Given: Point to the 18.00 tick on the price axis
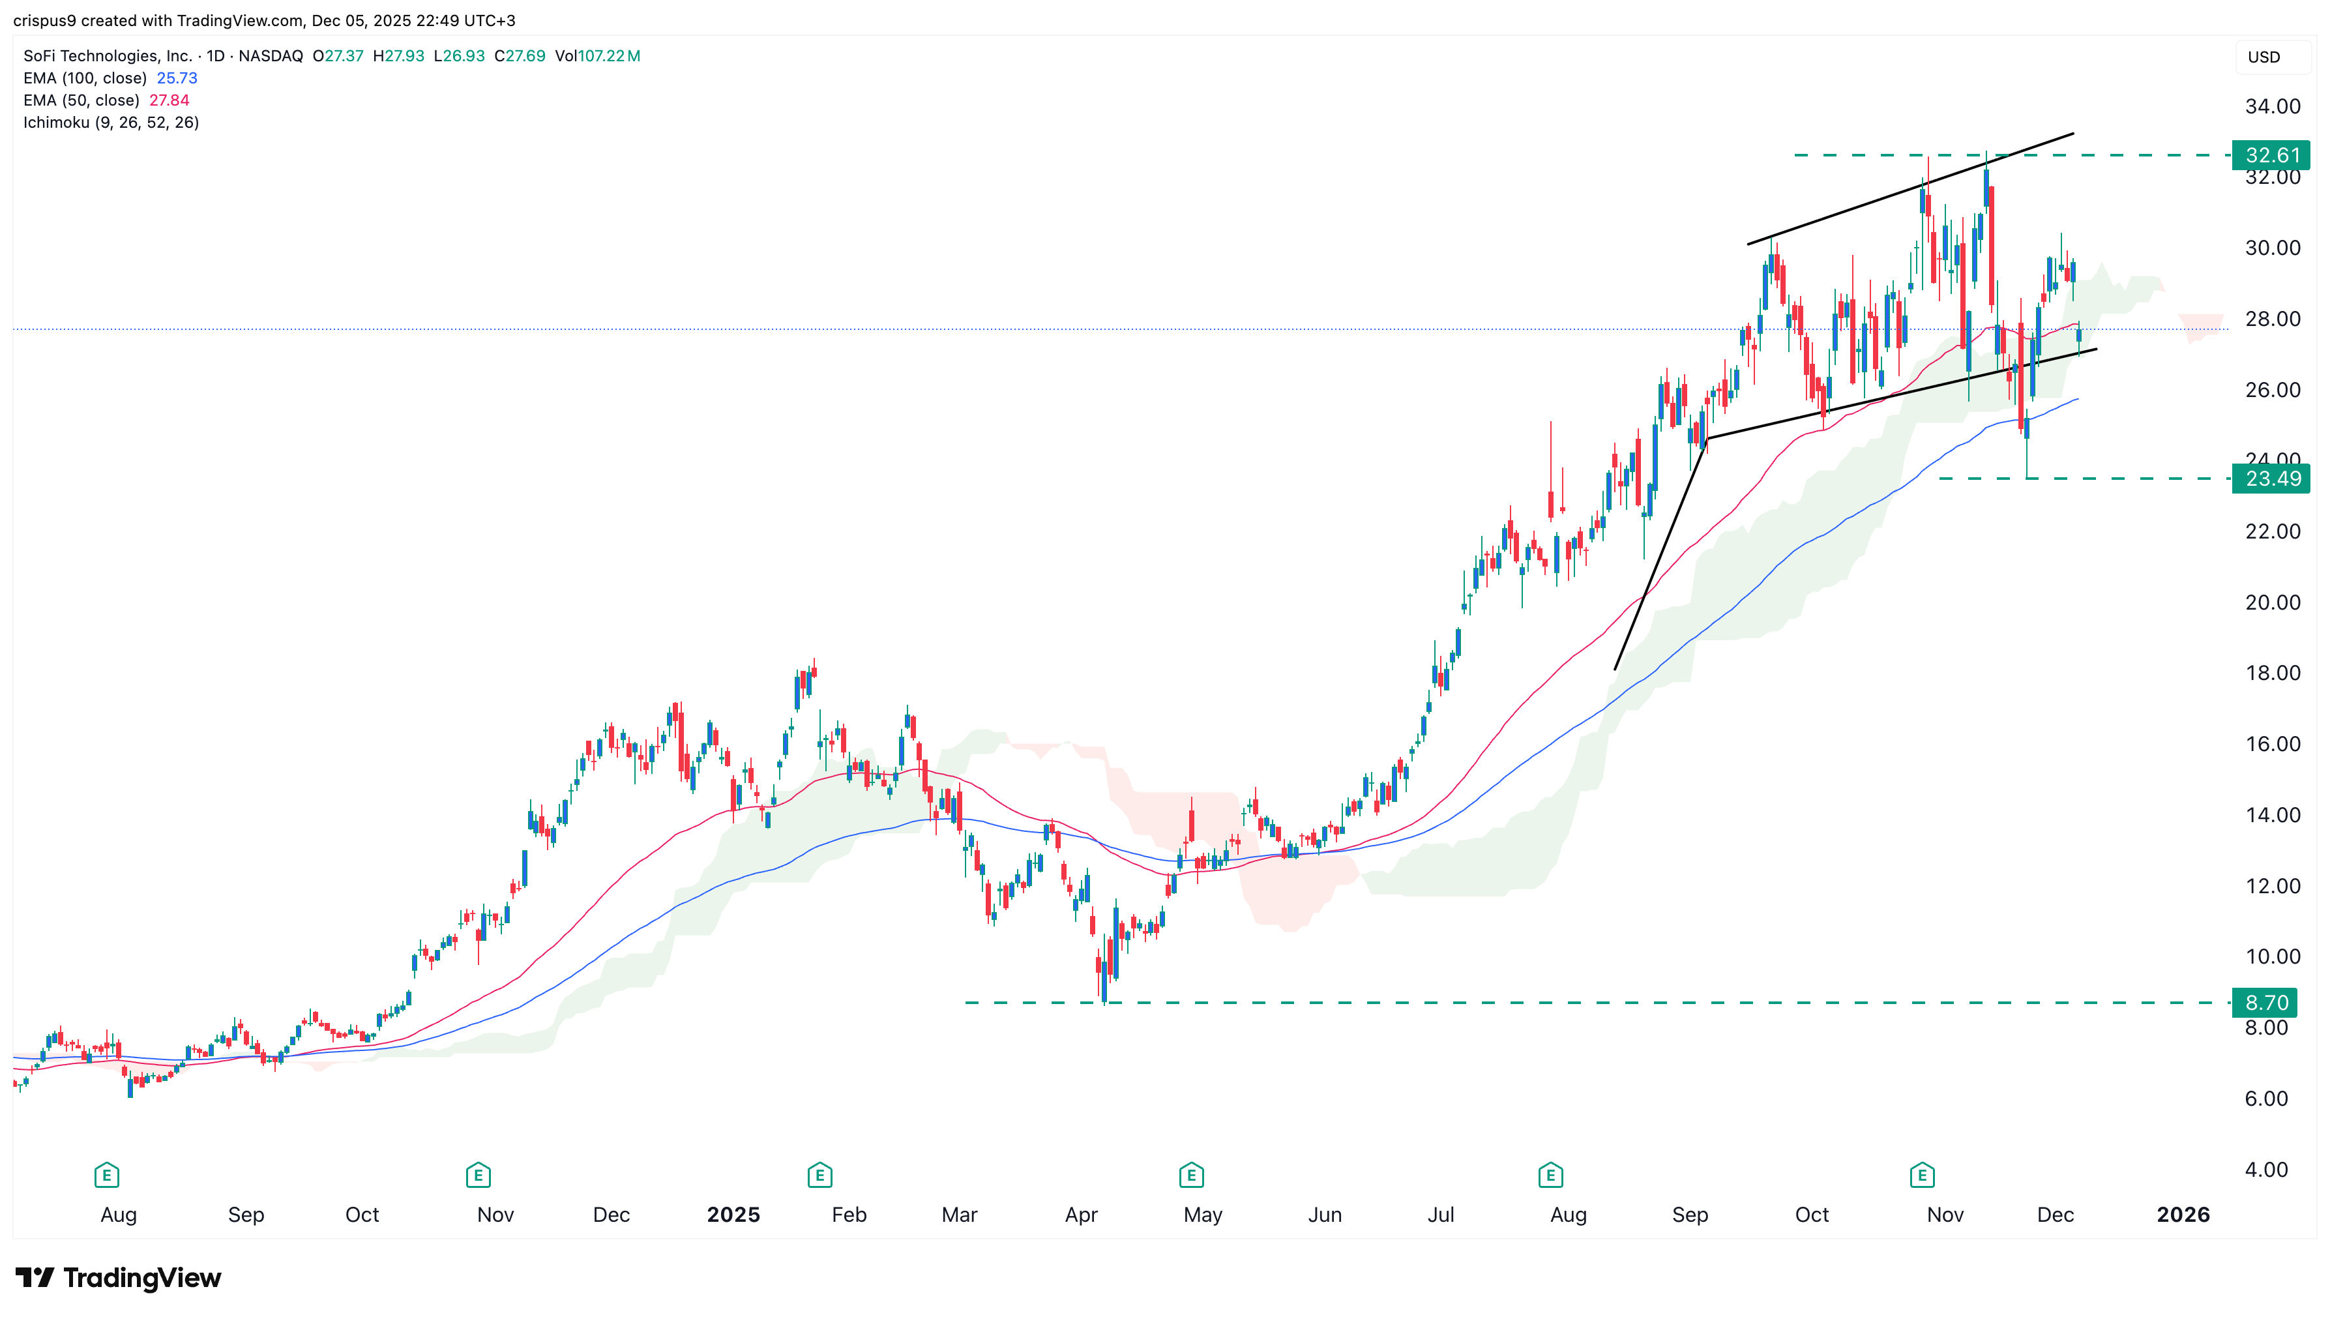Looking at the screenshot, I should [2272, 673].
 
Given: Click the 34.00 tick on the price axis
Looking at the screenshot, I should [2272, 107].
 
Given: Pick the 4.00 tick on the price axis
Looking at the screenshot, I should [2265, 1170].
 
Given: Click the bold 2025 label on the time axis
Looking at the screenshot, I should [733, 1215].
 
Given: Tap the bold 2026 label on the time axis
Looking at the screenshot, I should [2183, 1215].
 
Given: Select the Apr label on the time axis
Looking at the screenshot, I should [1081, 1215].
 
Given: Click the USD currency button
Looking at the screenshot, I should [2264, 57].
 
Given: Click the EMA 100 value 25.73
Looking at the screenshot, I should [177, 78].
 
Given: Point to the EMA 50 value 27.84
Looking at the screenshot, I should [169, 100].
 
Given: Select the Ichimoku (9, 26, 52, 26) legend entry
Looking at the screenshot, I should [110, 122].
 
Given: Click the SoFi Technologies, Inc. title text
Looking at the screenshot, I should [108, 56].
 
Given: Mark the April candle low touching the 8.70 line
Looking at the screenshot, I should [1104, 999].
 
